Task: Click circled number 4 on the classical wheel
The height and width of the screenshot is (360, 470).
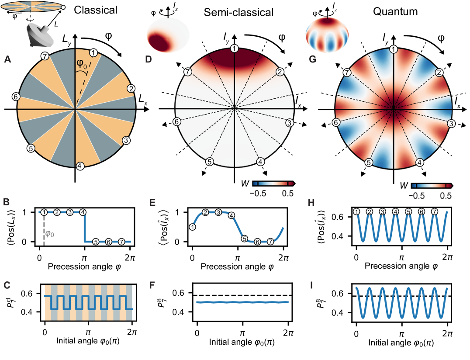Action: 80,166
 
